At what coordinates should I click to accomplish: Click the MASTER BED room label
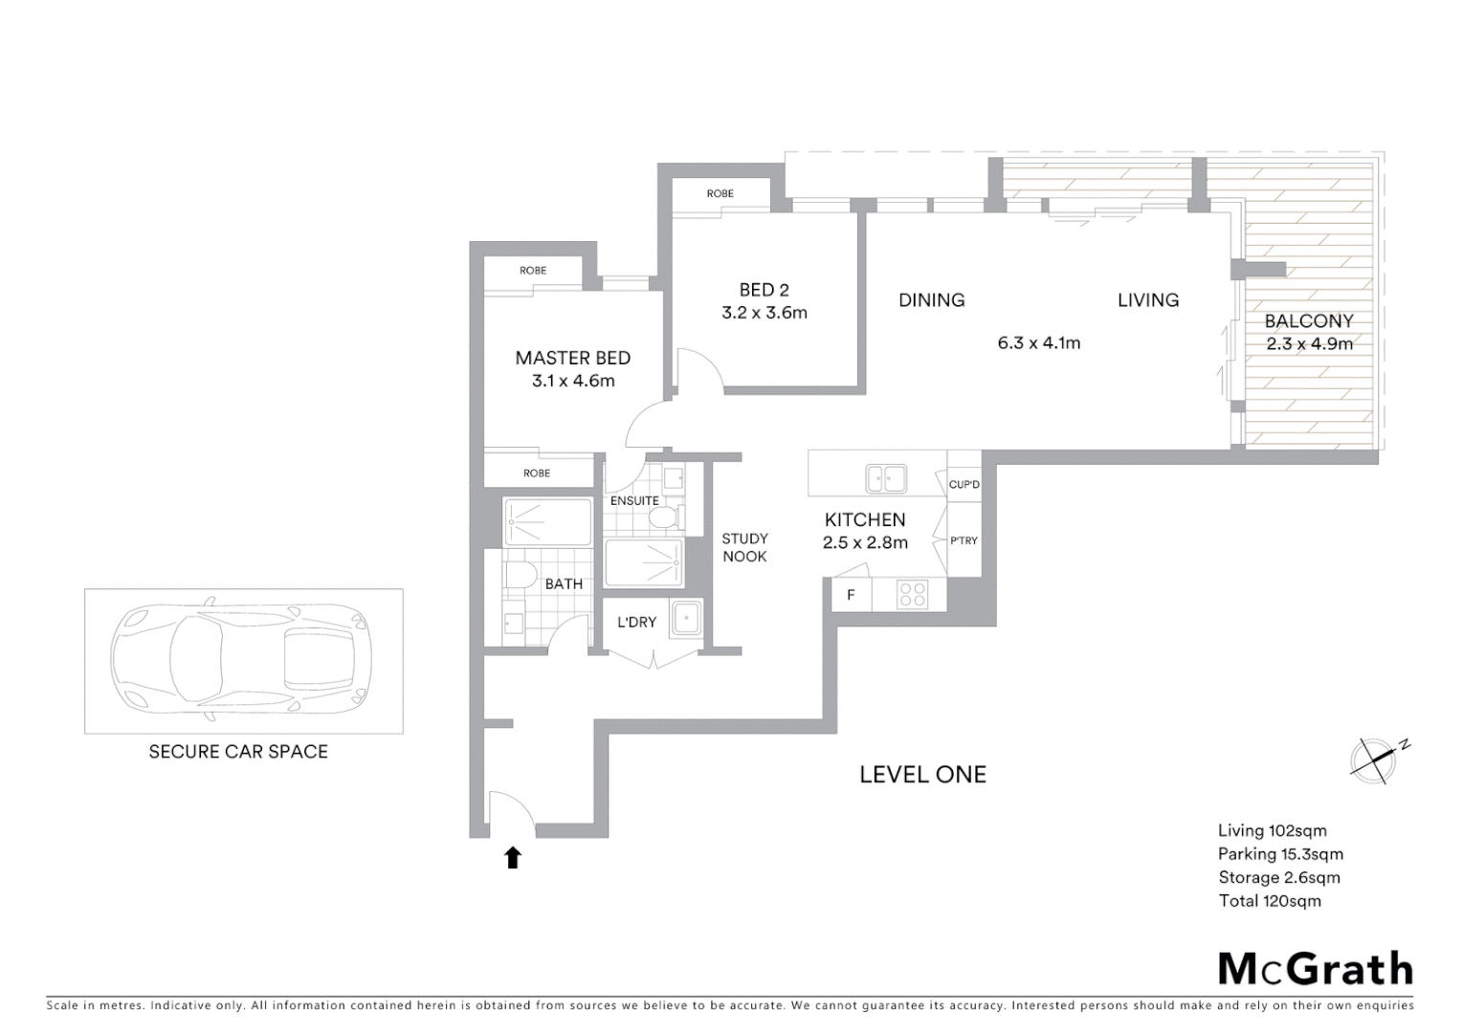(x=572, y=358)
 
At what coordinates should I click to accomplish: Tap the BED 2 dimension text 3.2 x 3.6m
(x=764, y=313)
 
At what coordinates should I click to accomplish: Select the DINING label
(x=931, y=300)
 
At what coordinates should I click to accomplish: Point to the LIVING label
(x=1147, y=300)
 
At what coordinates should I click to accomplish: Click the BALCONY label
(x=1308, y=321)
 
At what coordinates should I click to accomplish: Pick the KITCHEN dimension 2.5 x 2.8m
(x=865, y=542)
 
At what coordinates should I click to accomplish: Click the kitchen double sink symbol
(x=886, y=477)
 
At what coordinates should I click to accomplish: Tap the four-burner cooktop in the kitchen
(x=912, y=595)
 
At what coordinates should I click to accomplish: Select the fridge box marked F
(x=851, y=595)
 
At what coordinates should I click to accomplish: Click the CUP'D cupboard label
(x=964, y=485)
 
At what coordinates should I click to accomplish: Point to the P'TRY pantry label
(x=964, y=540)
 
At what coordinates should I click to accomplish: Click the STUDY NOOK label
(x=744, y=547)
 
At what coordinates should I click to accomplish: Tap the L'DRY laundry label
(x=636, y=622)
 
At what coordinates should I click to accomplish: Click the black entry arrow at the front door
(x=513, y=857)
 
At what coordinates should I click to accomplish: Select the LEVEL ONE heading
(x=922, y=775)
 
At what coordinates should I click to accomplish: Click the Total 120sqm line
(x=1269, y=900)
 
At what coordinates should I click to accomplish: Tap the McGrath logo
(x=1315, y=969)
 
